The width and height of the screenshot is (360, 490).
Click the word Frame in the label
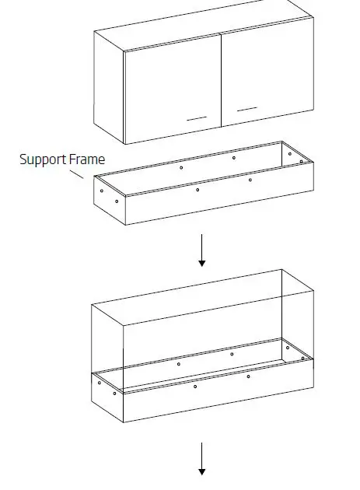click(88, 159)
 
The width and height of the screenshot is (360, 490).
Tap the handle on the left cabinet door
click(196, 118)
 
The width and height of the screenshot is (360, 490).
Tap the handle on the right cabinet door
click(246, 108)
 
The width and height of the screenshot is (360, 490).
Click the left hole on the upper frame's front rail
click(197, 190)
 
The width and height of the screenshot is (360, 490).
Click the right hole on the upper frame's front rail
click(250, 180)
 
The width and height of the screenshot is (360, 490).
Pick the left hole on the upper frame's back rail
click(181, 167)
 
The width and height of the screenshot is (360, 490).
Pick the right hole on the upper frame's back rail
click(233, 158)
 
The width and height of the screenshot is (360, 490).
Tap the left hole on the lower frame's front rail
click(195, 387)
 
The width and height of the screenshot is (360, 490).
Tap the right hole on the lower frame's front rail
click(248, 376)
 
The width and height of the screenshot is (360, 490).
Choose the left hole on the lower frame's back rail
click(179, 364)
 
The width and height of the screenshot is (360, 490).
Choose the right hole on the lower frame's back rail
click(232, 355)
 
